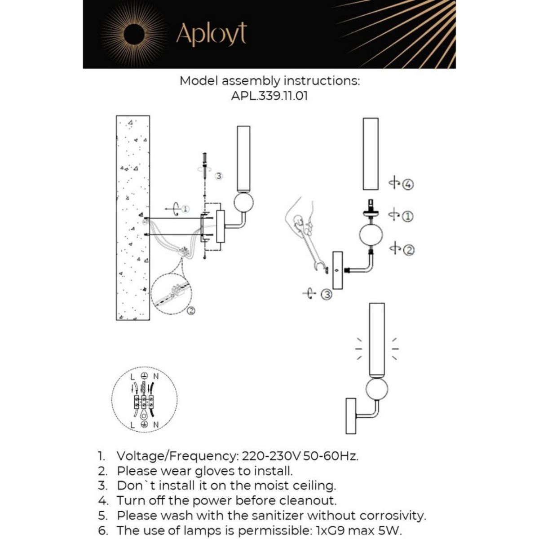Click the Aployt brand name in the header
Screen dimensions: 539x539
[211, 34]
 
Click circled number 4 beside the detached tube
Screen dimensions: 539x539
[408, 184]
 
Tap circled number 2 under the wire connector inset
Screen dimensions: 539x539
[191, 310]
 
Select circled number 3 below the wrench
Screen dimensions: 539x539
[327, 295]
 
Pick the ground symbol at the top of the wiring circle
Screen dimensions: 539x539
[144, 375]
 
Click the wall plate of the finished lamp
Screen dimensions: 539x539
[351, 415]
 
